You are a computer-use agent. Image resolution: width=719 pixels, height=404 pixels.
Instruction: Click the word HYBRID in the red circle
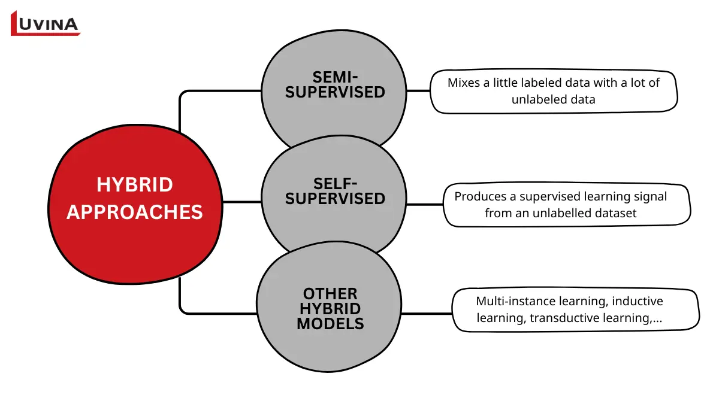pos(135,185)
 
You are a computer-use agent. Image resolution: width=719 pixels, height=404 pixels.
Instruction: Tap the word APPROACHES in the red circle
pos(135,212)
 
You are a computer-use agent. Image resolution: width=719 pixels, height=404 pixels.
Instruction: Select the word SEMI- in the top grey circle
pos(335,77)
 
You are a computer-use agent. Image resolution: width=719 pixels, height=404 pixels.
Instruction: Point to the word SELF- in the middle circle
pos(335,183)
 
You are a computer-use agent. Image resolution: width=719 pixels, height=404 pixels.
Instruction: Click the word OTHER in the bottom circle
pos(330,294)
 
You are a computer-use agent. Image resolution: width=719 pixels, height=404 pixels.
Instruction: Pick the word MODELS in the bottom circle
pos(330,324)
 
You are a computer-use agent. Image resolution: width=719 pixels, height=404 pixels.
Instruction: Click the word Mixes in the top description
pos(464,83)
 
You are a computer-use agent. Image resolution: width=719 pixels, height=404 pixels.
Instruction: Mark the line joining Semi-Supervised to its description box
pos(419,91)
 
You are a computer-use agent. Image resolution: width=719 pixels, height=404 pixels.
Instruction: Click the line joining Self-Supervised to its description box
pos(425,204)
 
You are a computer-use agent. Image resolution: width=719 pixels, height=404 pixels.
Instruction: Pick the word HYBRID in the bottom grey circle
pos(330,309)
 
